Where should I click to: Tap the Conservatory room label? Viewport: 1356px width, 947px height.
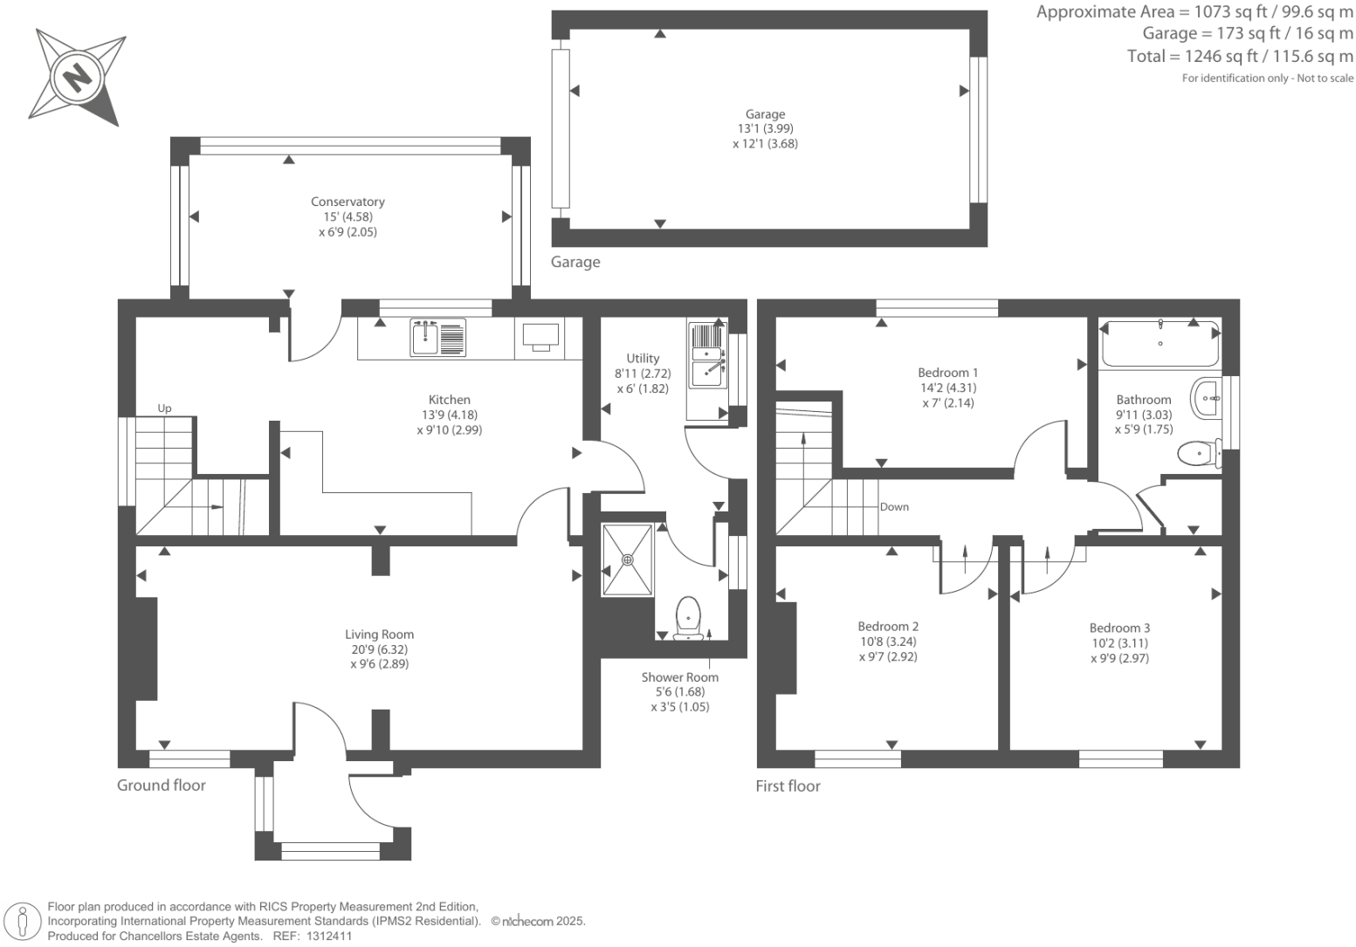(x=348, y=202)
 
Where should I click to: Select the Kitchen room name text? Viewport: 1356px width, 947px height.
(x=449, y=400)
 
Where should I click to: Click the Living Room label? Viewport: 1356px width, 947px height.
(x=379, y=635)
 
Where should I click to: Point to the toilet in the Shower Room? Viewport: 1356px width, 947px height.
(x=688, y=615)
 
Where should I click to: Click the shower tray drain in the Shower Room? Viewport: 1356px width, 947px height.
(x=627, y=559)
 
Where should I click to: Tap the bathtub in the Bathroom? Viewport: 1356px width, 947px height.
(x=1160, y=343)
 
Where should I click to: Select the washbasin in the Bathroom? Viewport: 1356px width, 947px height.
(x=1206, y=398)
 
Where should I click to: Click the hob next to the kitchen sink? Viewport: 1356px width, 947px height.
(x=540, y=336)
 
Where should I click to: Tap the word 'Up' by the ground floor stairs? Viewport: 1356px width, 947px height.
(x=164, y=408)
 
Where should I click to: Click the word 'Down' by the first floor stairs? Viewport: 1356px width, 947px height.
(x=894, y=506)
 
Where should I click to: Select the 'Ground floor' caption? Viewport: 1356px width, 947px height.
(x=162, y=785)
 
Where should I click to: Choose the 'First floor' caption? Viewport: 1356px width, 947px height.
(x=788, y=786)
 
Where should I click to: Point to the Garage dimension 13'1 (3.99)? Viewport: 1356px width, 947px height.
(x=765, y=128)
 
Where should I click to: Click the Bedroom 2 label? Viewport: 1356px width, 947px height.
(x=888, y=626)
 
